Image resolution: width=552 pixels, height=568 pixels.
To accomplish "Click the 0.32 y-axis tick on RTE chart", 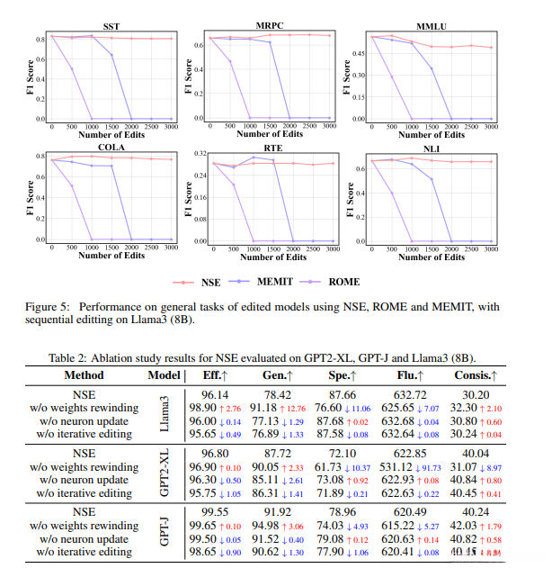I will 199,154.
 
